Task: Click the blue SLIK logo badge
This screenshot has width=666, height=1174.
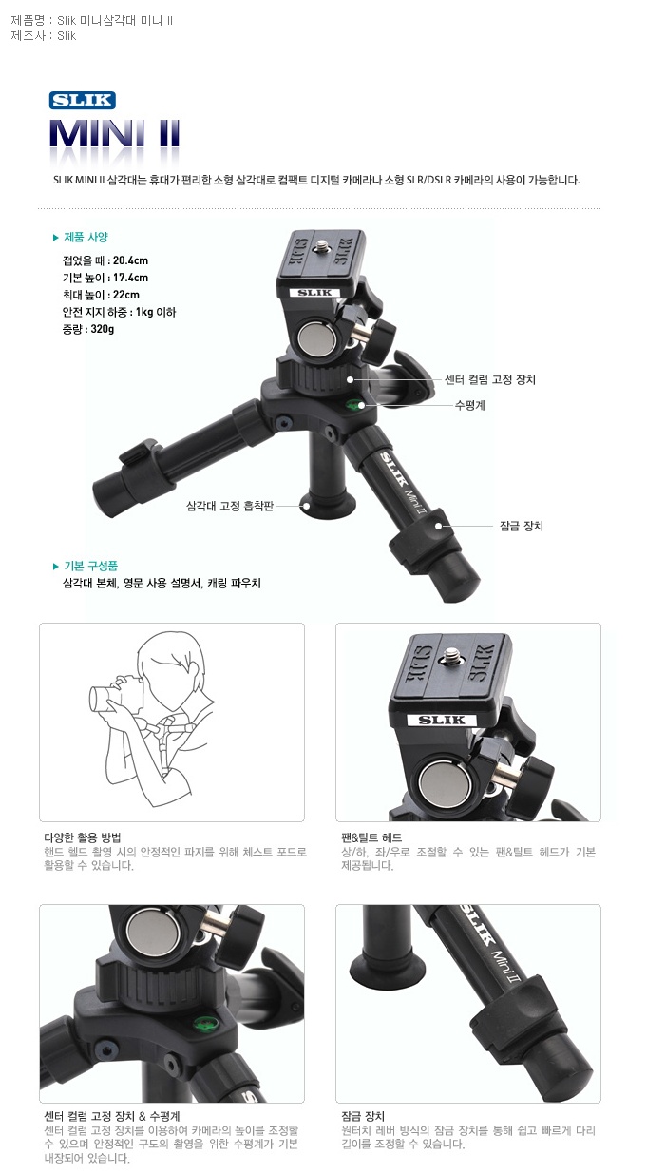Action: pos(83,100)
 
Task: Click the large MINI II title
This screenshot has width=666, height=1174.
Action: pos(114,134)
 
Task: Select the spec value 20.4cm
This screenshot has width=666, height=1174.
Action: pos(130,260)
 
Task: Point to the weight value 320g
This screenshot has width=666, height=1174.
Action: pos(103,329)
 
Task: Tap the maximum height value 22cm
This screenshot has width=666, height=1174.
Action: pos(126,295)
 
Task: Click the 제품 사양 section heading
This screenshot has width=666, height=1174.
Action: pos(86,237)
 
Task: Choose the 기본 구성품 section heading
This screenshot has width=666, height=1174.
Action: pos(90,566)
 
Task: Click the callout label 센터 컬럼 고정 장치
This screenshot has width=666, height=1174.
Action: pos(490,379)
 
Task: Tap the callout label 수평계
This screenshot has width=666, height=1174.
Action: pos(469,405)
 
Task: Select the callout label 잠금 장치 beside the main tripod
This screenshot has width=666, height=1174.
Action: pos(522,526)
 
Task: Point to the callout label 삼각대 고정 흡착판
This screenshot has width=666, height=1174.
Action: pos(230,506)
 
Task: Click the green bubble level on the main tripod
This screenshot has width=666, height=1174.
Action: pos(354,404)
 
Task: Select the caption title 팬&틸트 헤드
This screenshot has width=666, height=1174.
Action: pos(371,837)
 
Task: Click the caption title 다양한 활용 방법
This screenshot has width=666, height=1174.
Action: pos(83,837)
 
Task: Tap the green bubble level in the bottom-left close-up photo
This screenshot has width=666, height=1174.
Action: pos(206,1023)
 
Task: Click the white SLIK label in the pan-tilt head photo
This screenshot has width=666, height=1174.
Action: pos(442,721)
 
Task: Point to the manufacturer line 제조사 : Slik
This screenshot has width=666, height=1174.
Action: pos(43,35)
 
